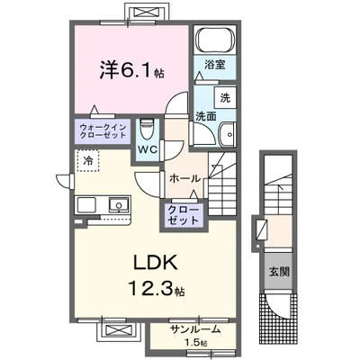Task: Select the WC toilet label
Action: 148,150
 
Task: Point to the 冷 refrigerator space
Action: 89,160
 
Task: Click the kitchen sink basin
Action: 117,206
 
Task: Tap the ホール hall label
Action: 184,179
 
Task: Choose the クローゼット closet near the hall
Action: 184,213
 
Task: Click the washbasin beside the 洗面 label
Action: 225,134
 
